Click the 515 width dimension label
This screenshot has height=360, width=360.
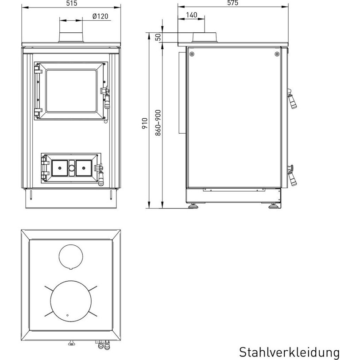72,3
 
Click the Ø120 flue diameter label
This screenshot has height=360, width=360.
101,16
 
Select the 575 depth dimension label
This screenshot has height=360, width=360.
233,3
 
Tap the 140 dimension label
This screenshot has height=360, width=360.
191,15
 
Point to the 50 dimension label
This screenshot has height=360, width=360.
158,37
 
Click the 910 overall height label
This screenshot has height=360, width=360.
145,123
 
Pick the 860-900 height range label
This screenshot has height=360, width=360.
158,123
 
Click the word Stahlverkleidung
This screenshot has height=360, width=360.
289,352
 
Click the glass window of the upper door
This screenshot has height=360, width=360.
71,91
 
